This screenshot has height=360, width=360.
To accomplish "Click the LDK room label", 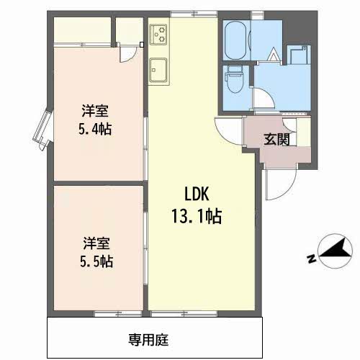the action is click(197, 194).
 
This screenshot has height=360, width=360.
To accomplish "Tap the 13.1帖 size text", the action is click(197, 216).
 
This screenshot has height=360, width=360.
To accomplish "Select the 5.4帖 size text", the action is click(95, 130).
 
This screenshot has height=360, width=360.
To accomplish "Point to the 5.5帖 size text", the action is click(96, 261).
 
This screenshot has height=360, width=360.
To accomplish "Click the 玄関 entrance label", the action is click(276, 139).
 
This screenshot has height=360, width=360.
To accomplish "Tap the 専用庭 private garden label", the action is click(148, 340).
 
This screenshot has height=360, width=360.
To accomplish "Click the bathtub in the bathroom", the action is click(236, 40).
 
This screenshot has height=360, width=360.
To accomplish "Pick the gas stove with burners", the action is click(158, 35).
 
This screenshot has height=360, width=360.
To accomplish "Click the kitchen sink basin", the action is click(158, 70).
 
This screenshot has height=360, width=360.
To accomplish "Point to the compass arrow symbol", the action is click(335, 251).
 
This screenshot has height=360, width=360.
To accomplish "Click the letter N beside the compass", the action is click(311, 259).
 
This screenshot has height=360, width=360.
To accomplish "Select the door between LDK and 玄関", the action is click(230, 131).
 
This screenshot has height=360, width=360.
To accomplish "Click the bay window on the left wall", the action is click(43, 130).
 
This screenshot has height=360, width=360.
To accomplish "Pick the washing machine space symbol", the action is click(299, 55).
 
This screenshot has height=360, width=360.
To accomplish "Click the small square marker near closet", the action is click(142, 45).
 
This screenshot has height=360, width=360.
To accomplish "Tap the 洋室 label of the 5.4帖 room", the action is click(95, 111).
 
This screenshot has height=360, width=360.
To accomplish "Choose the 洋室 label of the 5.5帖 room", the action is click(96, 243).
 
